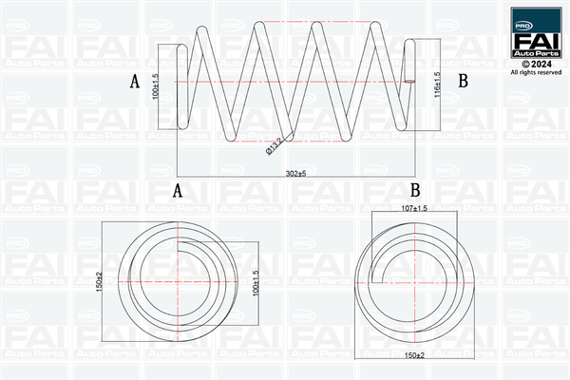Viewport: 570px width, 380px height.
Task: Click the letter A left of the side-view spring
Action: click(x=135, y=83)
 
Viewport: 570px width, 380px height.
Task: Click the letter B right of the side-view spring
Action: click(x=464, y=83)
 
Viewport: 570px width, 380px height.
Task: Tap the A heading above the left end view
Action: click(x=177, y=190)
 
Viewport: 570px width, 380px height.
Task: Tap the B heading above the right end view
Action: click(x=415, y=190)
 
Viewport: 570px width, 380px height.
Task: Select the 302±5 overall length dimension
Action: click(x=296, y=173)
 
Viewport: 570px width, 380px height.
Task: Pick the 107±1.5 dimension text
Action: click(x=415, y=207)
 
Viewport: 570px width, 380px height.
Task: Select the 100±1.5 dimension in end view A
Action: click(x=256, y=282)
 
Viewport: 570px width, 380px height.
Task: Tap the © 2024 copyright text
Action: click(x=537, y=64)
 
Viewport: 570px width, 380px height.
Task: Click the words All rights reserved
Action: click(x=537, y=72)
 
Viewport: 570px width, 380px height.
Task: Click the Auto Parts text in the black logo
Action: click(x=537, y=55)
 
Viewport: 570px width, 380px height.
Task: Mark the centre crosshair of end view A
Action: click(x=180, y=281)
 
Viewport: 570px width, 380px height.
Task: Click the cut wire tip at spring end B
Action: click(x=410, y=82)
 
